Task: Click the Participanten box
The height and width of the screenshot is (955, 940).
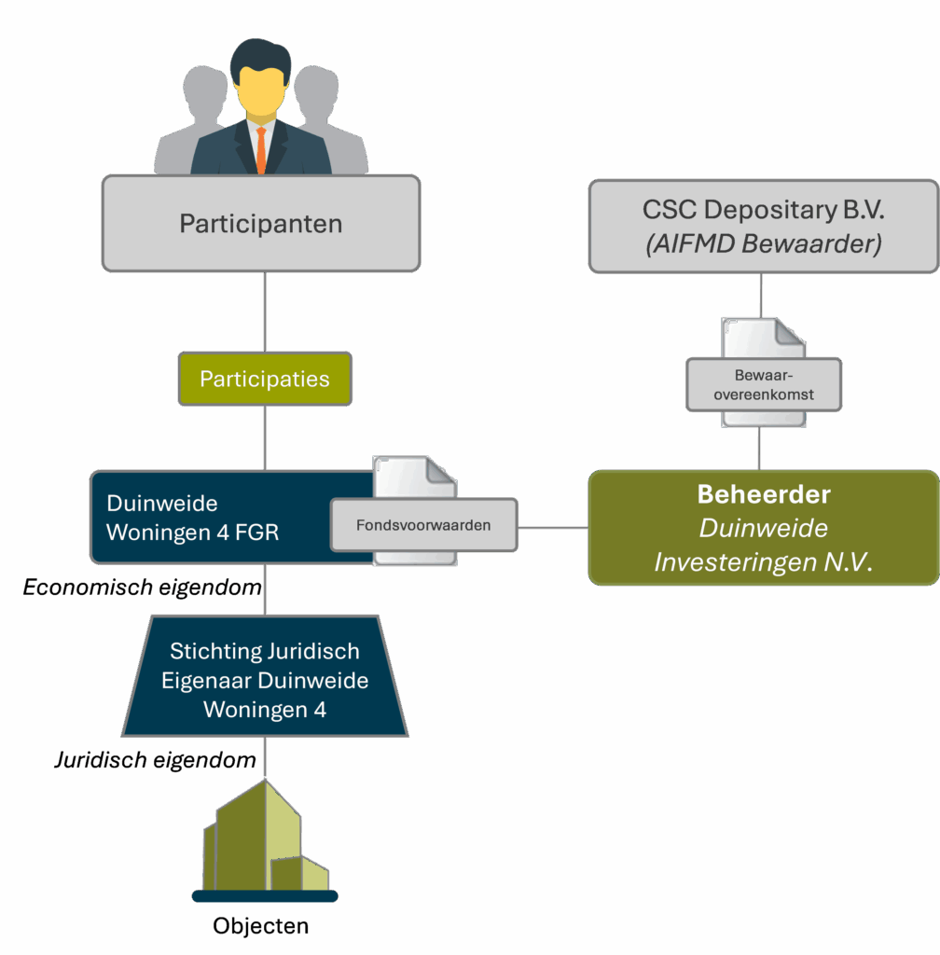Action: [x=261, y=224]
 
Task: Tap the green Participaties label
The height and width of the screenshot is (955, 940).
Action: [x=265, y=379]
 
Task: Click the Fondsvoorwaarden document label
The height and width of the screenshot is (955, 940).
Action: [x=423, y=525]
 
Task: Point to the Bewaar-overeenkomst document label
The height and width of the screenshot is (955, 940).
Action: [x=764, y=385]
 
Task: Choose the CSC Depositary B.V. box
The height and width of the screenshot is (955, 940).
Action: [x=763, y=225]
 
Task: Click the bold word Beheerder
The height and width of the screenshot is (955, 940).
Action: [x=764, y=494]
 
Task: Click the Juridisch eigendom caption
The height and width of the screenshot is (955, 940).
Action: [x=154, y=760]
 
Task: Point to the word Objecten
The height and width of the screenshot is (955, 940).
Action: [x=261, y=926]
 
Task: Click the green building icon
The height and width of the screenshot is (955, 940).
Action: [x=265, y=839]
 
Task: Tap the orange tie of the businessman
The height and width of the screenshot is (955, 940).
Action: [x=261, y=149]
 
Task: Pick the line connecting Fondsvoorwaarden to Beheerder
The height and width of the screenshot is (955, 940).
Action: [x=553, y=528]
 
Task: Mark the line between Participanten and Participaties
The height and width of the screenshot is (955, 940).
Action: [x=265, y=312]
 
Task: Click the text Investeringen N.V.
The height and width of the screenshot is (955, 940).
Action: [x=763, y=562]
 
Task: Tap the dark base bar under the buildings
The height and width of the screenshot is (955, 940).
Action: [x=265, y=896]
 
